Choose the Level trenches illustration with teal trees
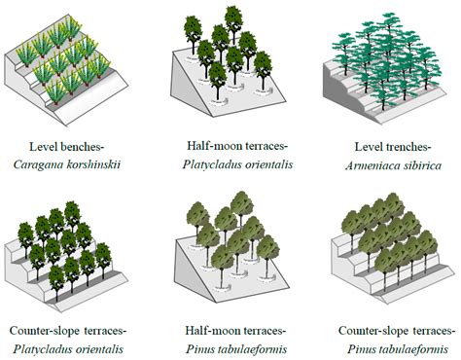(x=384, y=68)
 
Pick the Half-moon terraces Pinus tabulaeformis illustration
(x=226, y=248)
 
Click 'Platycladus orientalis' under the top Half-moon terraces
(x=226, y=162)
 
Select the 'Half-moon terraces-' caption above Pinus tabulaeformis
(x=226, y=328)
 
